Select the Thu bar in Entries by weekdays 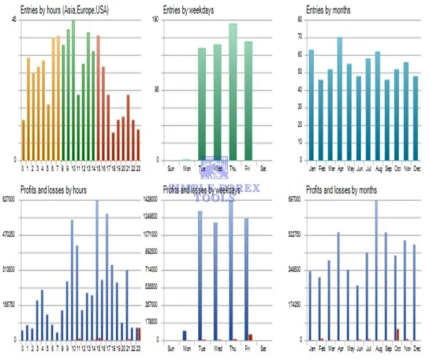232,92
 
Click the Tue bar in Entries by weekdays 202,104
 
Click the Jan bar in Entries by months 311,105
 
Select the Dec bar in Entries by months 415,118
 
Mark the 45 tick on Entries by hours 14,19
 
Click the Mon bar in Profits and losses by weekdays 184,335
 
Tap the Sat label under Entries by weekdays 264,168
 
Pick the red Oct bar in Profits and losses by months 398,334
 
